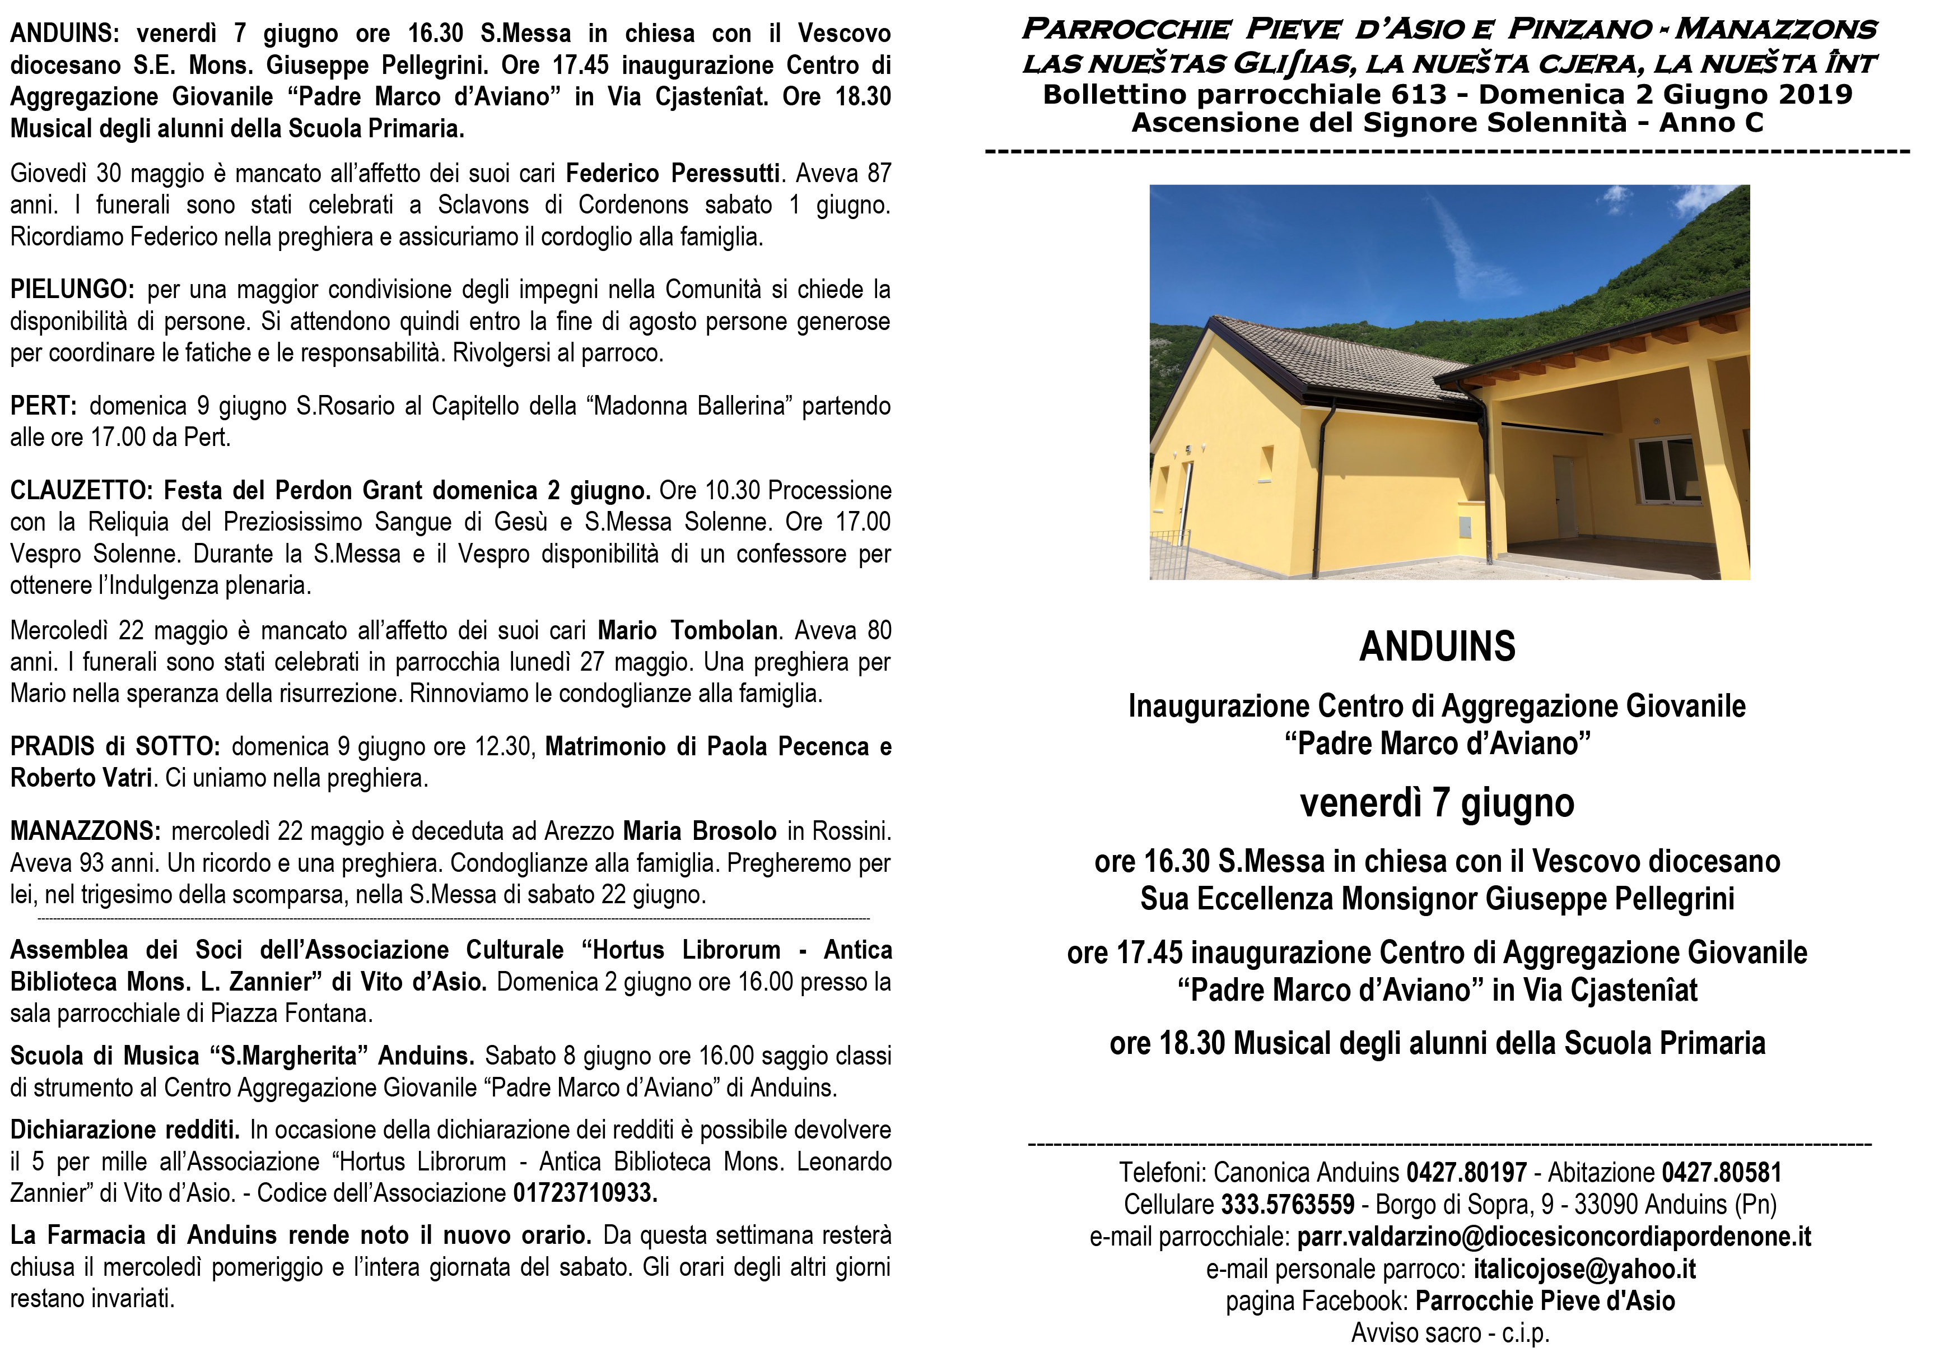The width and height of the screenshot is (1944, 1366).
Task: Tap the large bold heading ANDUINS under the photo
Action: [1437, 647]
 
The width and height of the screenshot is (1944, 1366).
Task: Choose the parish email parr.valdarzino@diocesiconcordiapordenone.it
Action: [1554, 1237]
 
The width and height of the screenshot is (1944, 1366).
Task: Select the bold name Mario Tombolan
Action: [688, 631]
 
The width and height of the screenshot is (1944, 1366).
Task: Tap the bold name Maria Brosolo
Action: [700, 831]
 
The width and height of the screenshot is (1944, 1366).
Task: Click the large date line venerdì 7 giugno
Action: [1437, 803]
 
